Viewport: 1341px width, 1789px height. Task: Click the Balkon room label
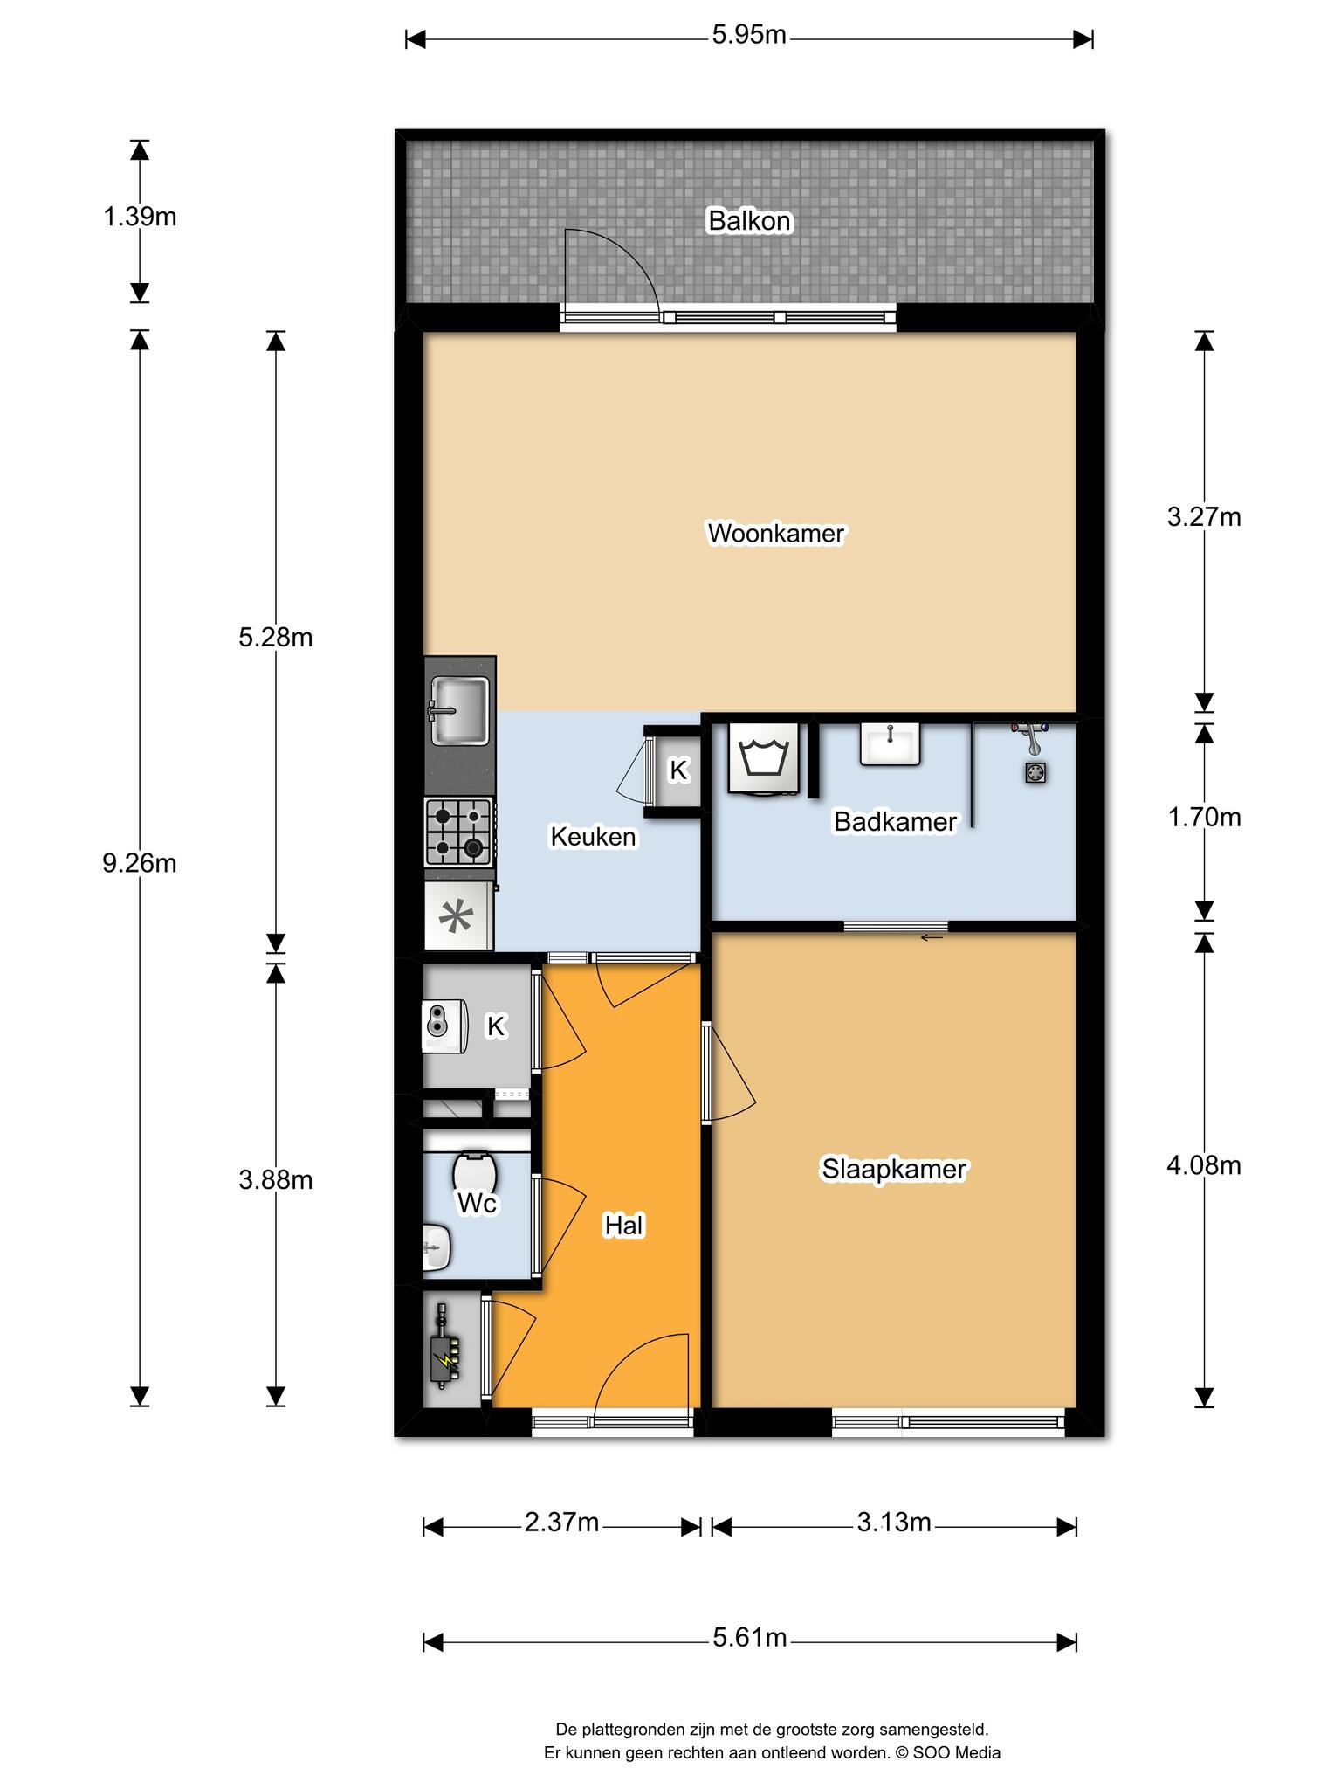pyautogui.click(x=749, y=221)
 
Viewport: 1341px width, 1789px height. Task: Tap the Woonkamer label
pyautogui.click(x=775, y=533)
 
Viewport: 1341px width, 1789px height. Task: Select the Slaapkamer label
pyautogui.click(x=893, y=1169)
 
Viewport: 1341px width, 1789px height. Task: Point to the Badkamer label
pyautogui.click(x=895, y=821)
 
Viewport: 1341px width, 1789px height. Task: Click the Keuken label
pyautogui.click(x=593, y=837)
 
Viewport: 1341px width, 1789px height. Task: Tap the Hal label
pyautogui.click(x=623, y=1226)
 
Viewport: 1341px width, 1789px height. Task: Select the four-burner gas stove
pyautogui.click(x=459, y=832)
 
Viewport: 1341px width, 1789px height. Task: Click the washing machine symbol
pyautogui.click(x=764, y=757)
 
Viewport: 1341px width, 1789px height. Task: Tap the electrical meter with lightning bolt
pyautogui.click(x=445, y=1346)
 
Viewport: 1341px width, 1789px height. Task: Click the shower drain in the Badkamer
pyautogui.click(x=1035, y=772)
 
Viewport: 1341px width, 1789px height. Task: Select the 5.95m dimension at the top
pyautogui.click(x=749, y=35)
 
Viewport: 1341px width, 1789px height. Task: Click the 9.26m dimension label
pyautogui.click(x=140, y=863)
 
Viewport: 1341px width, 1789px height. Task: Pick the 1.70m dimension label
pyautogui.click(x=1204, y=817)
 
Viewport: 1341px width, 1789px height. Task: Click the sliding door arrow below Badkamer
pyautogui.click(x=932, y=938)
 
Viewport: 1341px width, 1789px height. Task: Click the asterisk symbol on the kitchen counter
pyautogui.click(x=456, y=917)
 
